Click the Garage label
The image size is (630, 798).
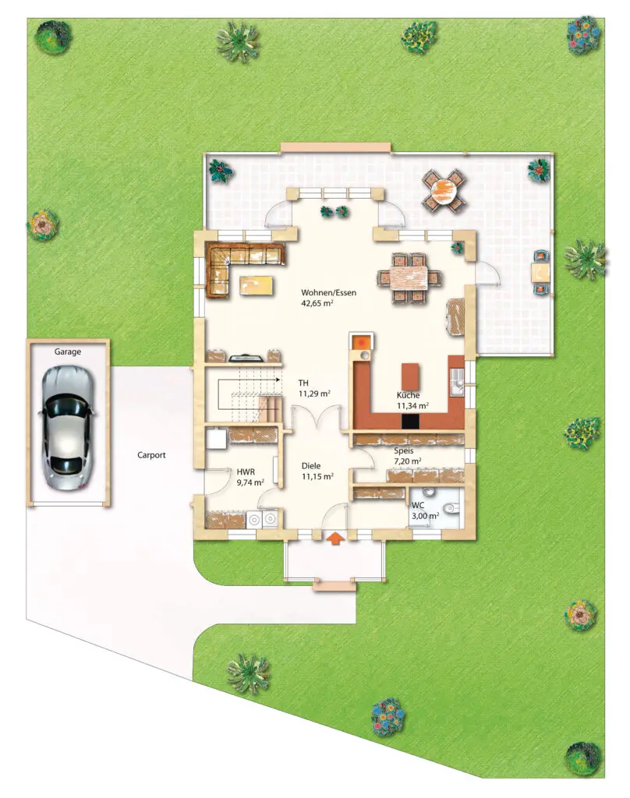coord(68,351)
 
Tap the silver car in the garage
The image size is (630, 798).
coord(67,428)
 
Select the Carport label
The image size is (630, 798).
coord(151,455)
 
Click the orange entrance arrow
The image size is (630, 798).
coord(335,538)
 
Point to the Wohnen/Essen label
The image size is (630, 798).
coord(328,293)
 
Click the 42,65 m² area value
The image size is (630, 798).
coord(317,303)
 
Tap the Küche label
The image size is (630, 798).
coord(409,395)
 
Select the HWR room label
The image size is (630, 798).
coord(246,471)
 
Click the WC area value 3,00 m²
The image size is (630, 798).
coord(425,516)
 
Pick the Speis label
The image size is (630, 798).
coord(403,451)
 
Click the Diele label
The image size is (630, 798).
coord(311,466)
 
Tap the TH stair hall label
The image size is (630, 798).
coord(303,383)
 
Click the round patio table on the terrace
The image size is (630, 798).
coord(444,191)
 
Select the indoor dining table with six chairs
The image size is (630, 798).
coord(409,278)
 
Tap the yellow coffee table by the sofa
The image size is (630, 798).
coord(257,285)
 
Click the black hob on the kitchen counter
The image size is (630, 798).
coord(410,421)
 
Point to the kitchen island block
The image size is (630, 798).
coord(410,376)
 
